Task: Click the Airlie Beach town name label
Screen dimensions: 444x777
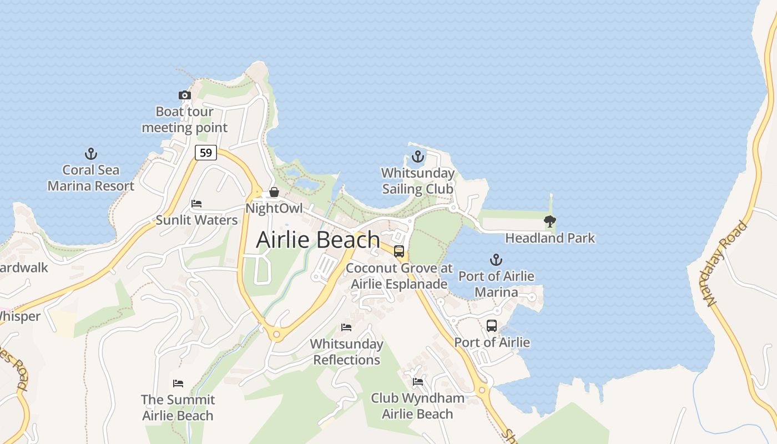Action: tap(318, 240)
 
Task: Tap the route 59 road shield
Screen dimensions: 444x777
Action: tap(206, 153)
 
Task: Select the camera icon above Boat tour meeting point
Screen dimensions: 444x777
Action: tap(185, 95)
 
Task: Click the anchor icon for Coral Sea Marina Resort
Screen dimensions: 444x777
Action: tap(90, 154)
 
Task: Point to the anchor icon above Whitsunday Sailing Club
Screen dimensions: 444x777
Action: tap(417, 157)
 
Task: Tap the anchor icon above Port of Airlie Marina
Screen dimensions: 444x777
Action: tap(496, 260)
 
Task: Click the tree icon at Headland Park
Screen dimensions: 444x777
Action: tap(549, 222)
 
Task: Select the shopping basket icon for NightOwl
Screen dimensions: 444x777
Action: tap(274, 193)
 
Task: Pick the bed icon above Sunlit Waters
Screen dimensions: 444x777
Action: tap(196, 204)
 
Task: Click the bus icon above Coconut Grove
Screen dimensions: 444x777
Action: tap(399, 251)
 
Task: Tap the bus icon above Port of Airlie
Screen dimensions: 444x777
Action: tap(492, 326)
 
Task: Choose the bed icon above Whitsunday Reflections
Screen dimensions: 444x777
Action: tap(346, 327)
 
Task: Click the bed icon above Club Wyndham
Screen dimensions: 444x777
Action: tap(418, 382)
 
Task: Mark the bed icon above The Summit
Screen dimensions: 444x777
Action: tap(178, 384)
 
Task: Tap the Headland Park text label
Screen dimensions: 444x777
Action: tap(549, 238)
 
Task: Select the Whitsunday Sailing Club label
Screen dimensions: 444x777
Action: tap(418, 181)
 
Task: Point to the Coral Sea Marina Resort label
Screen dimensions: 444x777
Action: tap(90, 178)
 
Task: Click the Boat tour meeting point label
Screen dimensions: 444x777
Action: tap(185, 119)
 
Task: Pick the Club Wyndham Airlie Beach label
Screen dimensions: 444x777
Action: tap(418, 406)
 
